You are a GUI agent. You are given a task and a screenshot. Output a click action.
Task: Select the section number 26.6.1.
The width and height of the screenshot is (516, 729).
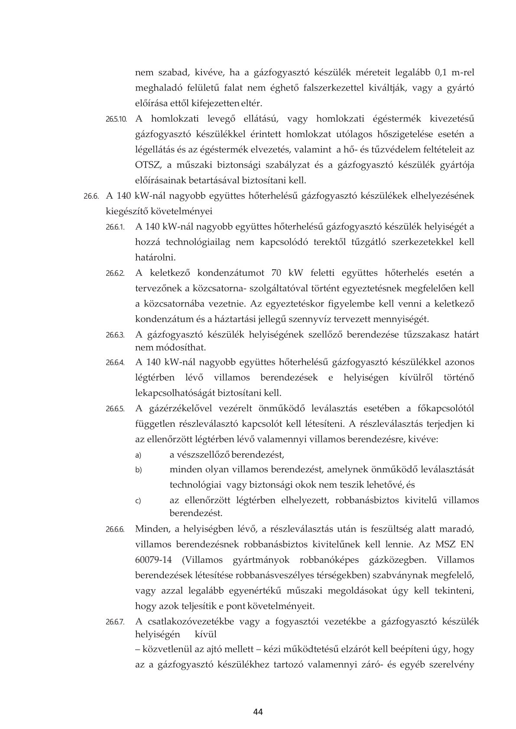[115, 227]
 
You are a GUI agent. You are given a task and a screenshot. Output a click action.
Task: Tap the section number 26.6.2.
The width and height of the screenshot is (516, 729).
[115, 274]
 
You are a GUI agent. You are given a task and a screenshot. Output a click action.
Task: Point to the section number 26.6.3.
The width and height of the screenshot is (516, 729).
[115, 335]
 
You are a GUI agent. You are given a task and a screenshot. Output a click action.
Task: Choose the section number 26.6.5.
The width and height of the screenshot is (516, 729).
[115, 409]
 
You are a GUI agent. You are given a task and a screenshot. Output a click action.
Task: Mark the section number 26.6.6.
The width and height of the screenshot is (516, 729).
[115, 529]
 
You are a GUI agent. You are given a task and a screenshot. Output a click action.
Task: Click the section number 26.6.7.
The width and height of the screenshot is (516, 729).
[115, 623]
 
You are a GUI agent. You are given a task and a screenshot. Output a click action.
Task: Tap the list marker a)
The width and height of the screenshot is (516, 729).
[138, 455]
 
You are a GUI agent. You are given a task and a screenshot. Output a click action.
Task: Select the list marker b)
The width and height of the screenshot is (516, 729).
[138, 470]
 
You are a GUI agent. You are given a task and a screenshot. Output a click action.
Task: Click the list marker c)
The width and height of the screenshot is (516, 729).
[138, 501]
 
